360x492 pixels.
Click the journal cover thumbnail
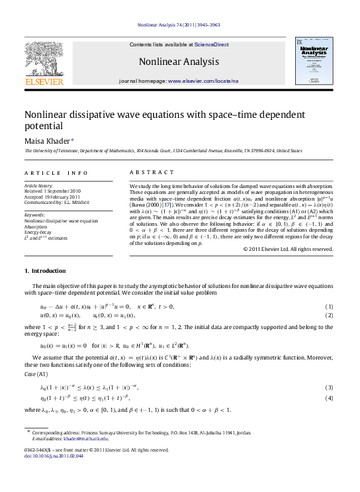(x=315, y=62)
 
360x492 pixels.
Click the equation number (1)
(x=329, y=307)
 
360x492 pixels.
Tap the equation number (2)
(x=329, y=316)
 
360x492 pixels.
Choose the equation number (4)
(x=329, y=398)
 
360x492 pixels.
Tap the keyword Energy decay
(x=38, y=232)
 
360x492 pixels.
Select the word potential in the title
(x=44, y=125)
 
